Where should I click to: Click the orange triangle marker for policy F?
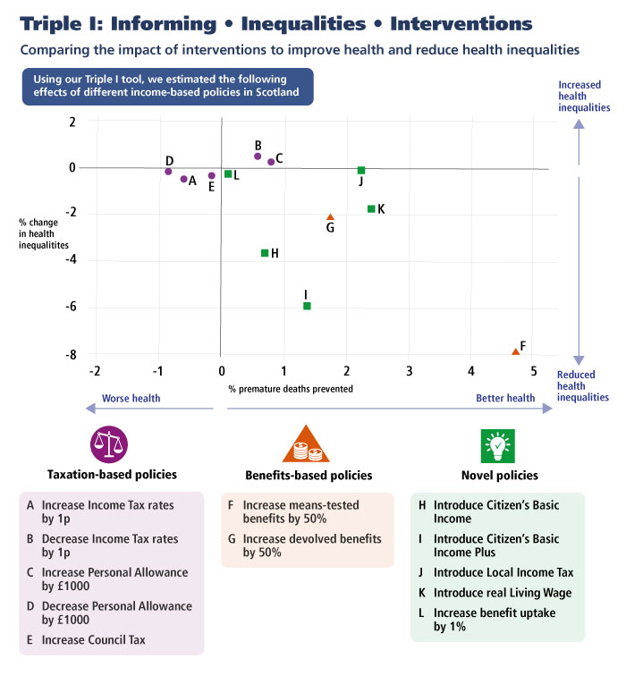515,351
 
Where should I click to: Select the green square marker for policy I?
307,306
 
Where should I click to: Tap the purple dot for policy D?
168,172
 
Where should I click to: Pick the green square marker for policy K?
371,209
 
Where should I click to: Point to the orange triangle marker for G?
330,216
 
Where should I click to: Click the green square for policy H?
265,253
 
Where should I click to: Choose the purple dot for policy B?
258,156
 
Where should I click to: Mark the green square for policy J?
361,170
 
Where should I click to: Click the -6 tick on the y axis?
71,306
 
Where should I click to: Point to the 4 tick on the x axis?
471,371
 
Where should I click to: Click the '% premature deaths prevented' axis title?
291,389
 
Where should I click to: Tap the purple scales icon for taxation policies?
109,444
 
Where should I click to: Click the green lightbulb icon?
498,446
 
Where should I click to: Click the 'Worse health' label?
131,398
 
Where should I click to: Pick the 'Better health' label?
505,398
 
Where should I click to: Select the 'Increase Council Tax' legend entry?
86,640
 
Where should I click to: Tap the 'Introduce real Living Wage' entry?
495,593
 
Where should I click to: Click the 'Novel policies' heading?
500,475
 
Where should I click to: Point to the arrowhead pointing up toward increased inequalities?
579,124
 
